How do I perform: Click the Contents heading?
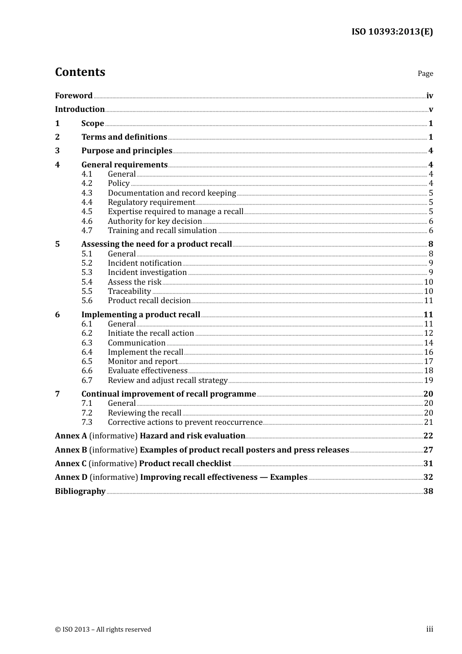click(x=80, y=72)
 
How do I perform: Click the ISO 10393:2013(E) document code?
click(x=392, y=32)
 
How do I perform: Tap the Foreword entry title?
click(x=73, y=95)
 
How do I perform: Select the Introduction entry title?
click(x=80, y=109)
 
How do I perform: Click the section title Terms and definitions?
click(x=124, y=137)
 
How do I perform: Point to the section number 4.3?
click(x=87, y=193)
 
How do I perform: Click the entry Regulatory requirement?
click(x=151, y=202)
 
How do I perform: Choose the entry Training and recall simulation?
click(x=162, y=230)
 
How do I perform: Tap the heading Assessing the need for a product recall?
click(x=157, y=244)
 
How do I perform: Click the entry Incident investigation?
click(x=147, y=272)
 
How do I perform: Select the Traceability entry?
click(x=129, y=291)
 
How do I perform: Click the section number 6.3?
click(x=87, y=343)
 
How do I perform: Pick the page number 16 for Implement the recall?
click(x=428, y=352)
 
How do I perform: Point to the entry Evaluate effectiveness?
click(x=147, y=370)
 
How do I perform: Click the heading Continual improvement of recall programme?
click(x=168, y=394)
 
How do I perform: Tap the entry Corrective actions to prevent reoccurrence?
click(x=185, y=422)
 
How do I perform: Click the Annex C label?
click(x=71, y=463)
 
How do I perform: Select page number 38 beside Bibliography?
click(x=428, y=491)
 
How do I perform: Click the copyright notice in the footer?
click(x=103, y=629)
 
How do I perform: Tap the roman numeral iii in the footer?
click(x=429, y=629)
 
